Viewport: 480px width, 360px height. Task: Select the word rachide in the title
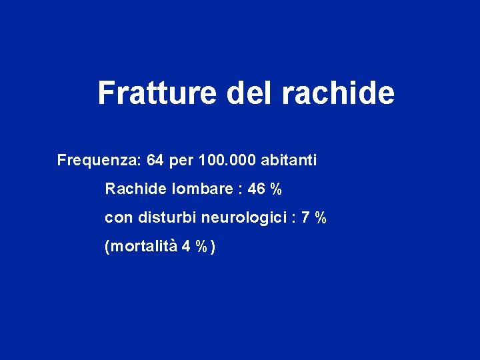point(338,93)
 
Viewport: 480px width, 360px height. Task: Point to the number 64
point(155,161)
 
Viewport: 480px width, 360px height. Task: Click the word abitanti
point(289,161)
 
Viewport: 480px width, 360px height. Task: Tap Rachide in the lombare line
point(136,189)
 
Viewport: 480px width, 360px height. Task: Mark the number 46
point(256,189)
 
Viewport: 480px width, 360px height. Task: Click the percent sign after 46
point(276,189)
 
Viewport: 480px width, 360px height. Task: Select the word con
point(117,218)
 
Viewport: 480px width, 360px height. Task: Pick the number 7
point(305,218)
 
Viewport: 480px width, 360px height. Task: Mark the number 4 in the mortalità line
point(185,247)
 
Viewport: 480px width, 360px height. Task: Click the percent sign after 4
point(201,247)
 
